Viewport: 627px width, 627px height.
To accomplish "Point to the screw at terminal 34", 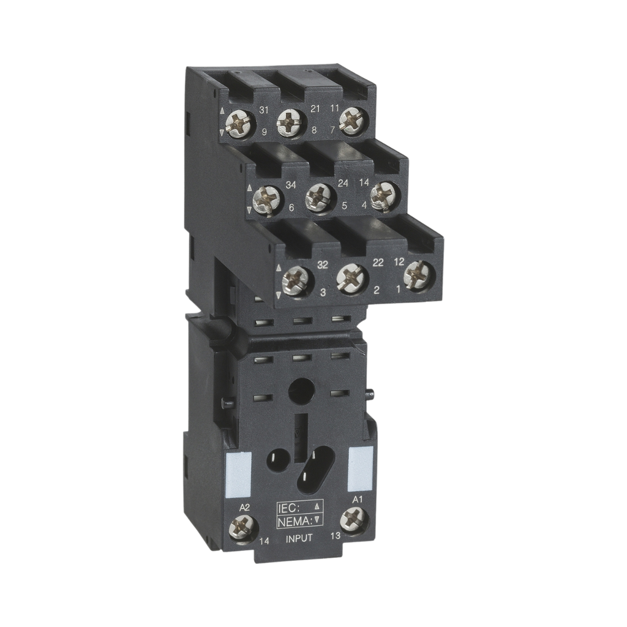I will [267, 199].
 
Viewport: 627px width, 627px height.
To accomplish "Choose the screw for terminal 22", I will [351, 277].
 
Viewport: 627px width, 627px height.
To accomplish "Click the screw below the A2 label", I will [242, 527].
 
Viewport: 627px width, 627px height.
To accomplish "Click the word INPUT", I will [300, 538].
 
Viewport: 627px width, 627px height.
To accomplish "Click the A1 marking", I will [359, 500].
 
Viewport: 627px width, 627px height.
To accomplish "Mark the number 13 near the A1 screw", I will [334, 536].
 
